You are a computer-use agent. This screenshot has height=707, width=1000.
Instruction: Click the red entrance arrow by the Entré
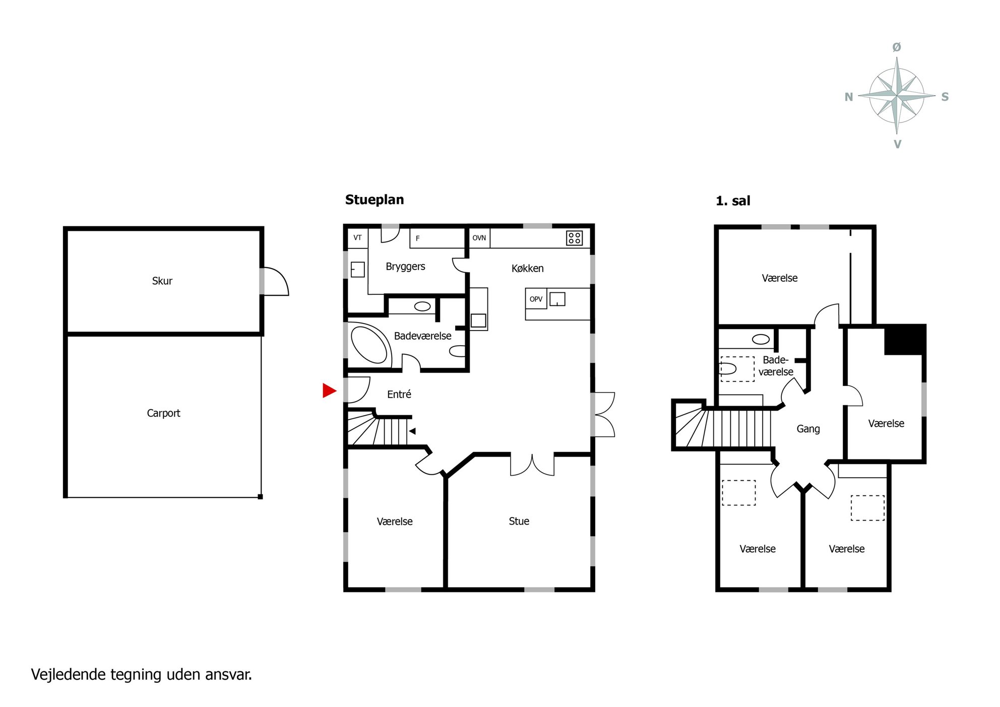(329, 390)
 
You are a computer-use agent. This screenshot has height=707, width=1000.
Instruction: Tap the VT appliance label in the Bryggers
(357, 238)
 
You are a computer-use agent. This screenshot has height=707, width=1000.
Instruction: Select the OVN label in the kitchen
(479, 238)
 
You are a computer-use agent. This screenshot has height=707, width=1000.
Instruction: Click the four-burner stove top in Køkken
(574, 238)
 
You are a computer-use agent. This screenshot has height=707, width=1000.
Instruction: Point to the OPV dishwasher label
(536, 299)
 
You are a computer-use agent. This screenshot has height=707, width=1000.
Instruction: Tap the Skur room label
(162, 281)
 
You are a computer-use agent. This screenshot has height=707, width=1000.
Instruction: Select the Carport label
(163, 413)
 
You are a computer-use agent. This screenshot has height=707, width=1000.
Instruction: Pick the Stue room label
(519, 521)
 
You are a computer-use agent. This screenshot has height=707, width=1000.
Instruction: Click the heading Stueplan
(374, 200)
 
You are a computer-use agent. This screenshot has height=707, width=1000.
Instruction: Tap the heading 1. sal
(733, 201)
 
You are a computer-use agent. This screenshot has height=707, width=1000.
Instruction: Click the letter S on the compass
(945, 97)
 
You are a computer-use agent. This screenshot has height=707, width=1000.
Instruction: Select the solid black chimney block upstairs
(905, 340)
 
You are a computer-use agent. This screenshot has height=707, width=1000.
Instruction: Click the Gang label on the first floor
(808, 429)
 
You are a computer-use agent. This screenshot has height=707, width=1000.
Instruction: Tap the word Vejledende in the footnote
(69, 674)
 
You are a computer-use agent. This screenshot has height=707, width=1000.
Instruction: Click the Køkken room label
(527, 269)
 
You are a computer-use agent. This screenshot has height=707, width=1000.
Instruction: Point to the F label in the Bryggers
(417, 238)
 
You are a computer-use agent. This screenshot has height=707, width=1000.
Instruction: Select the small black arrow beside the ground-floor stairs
(412, 431)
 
